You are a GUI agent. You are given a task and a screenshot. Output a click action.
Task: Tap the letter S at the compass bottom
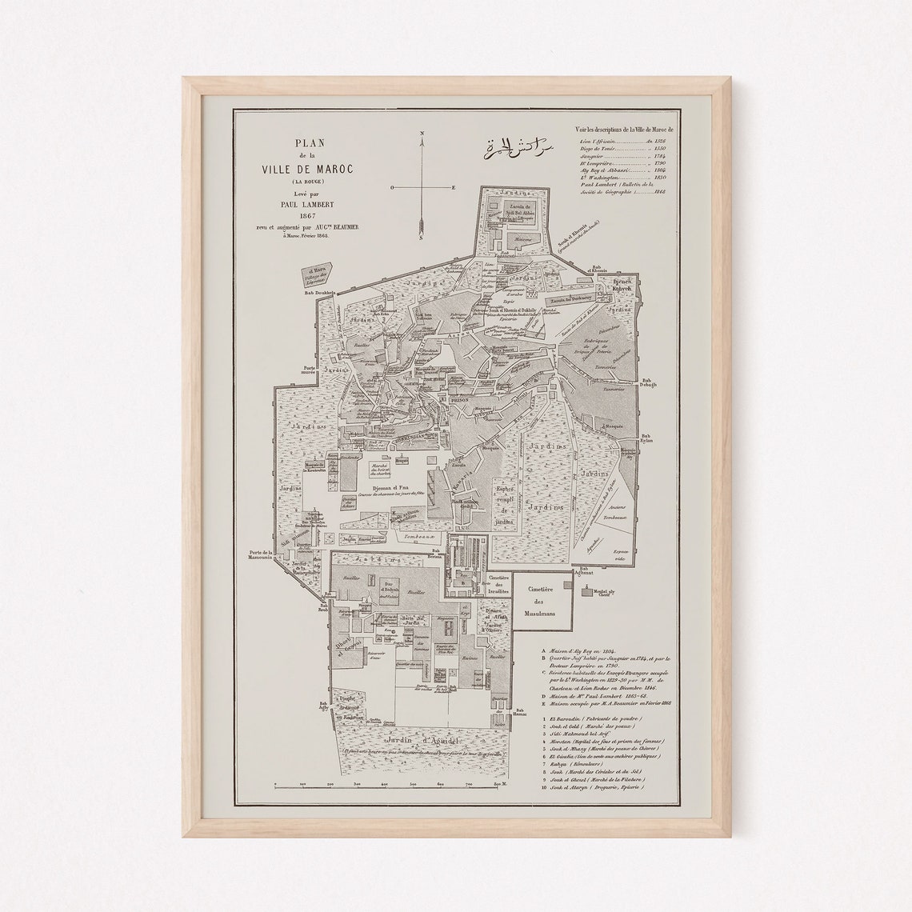421,238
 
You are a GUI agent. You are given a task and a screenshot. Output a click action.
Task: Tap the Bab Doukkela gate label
318,294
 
